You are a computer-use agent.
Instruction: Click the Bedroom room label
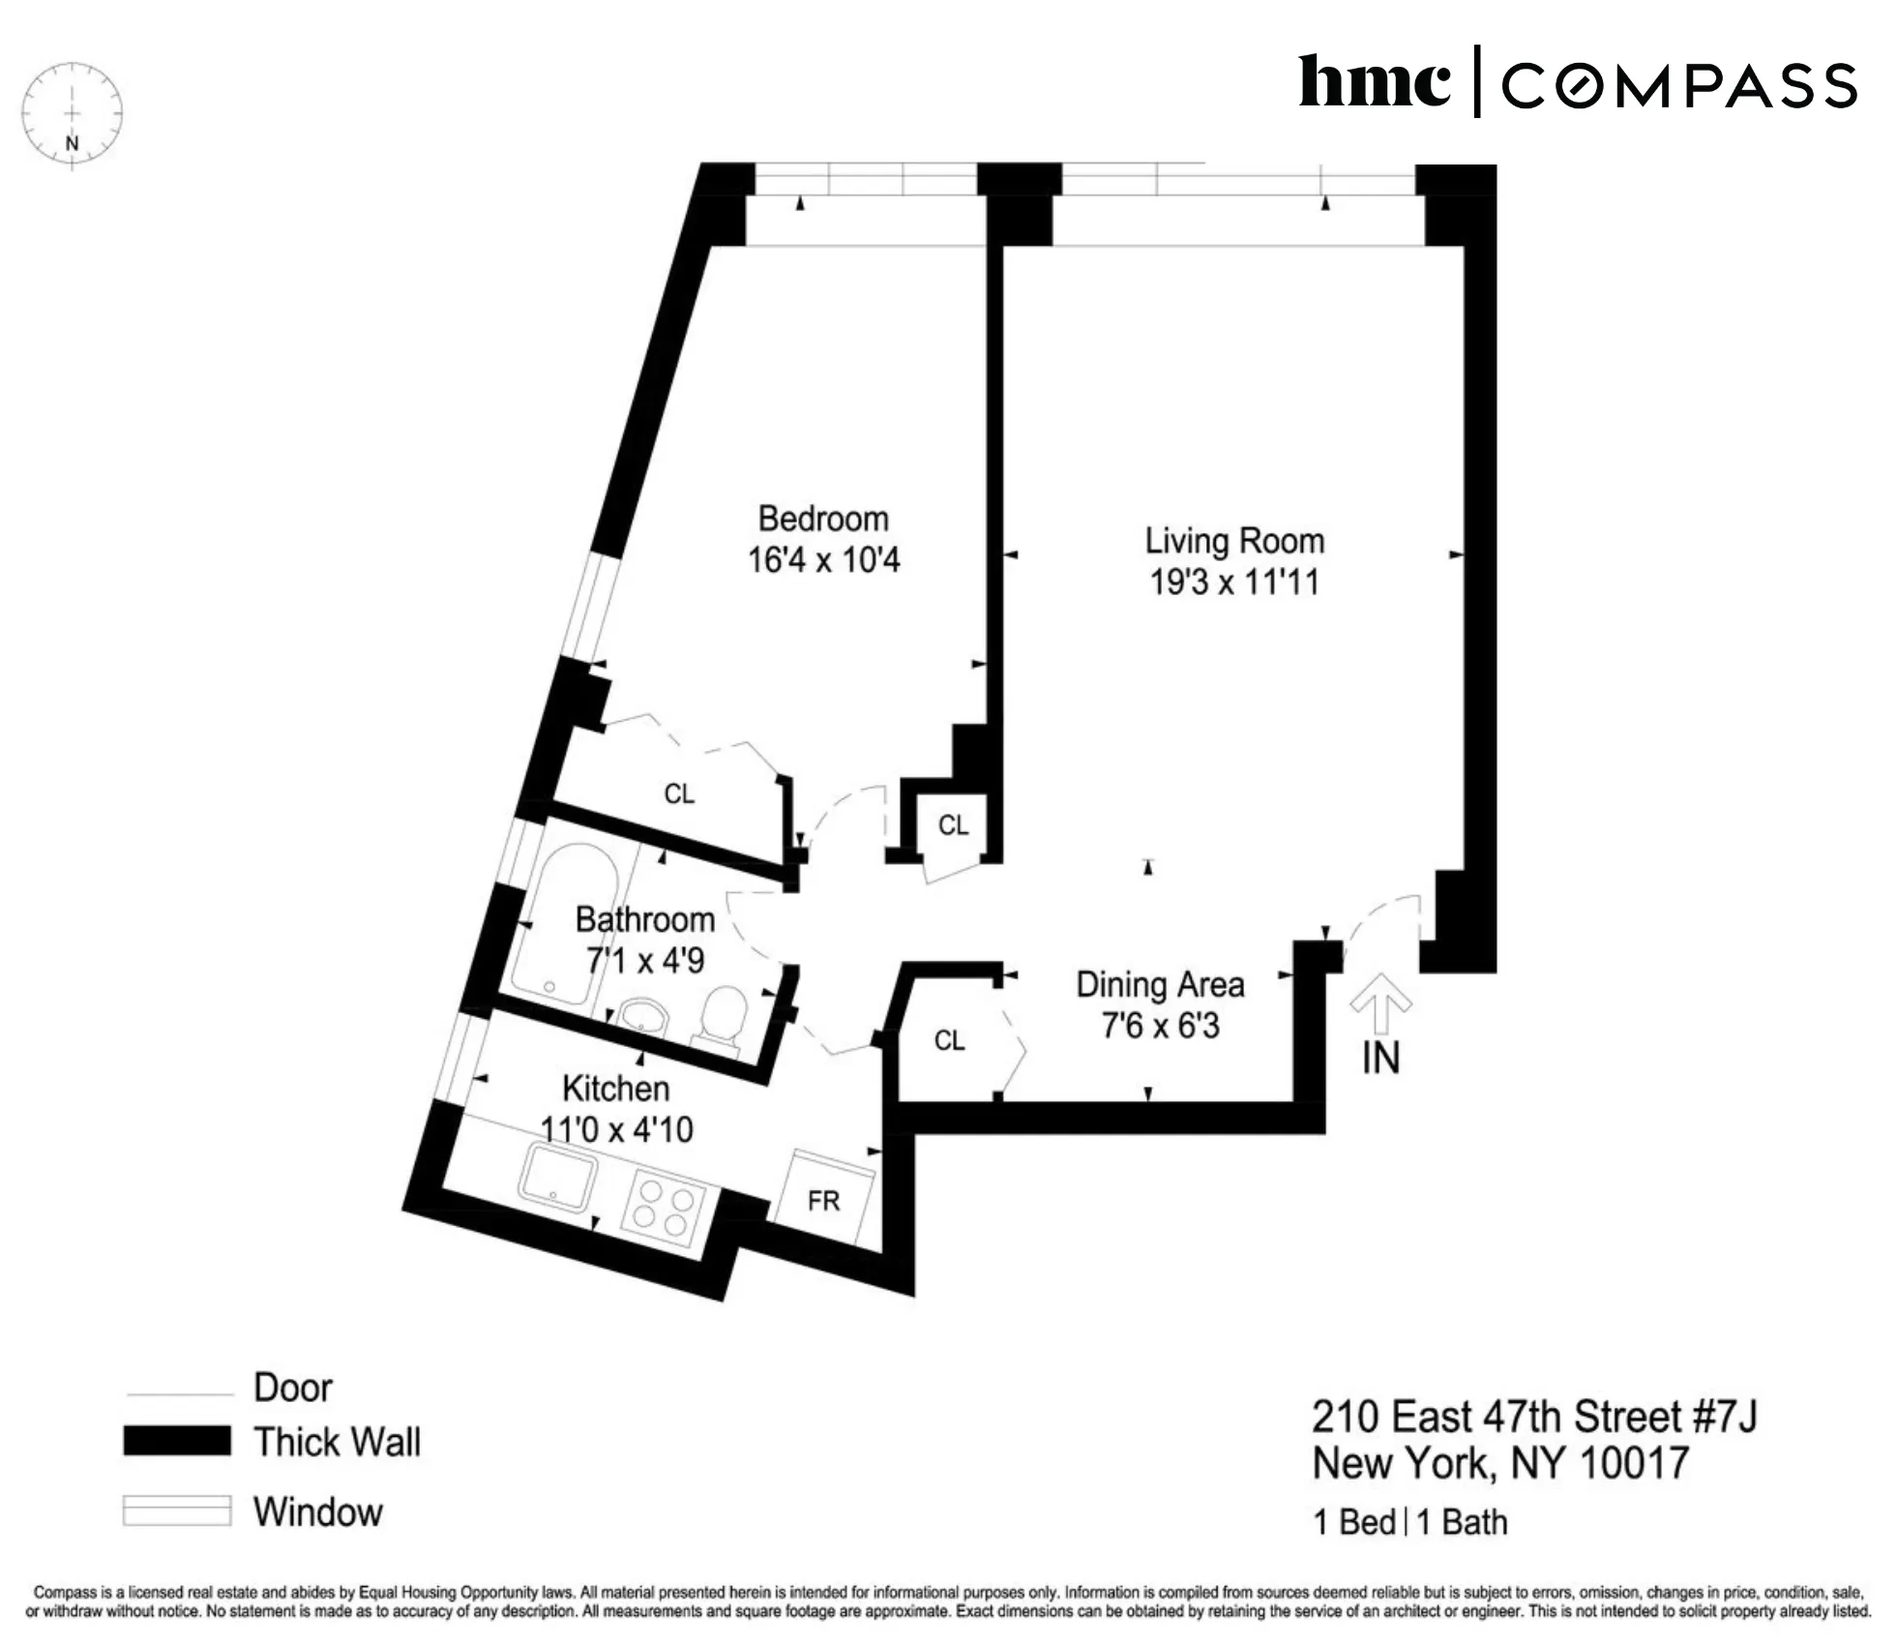(x=822, y=519)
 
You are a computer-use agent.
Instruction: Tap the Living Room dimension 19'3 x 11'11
(x=1233, y=583)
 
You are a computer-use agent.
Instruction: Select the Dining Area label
(x=1159, y=985)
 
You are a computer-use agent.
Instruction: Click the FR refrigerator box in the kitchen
(x=823, y=1201)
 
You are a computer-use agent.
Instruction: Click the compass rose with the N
(x=72, y=114)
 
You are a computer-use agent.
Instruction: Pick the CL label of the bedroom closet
(x=679, y=793)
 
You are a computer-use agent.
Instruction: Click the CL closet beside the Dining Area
(x=949, y=1040)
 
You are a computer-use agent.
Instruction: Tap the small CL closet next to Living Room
(x=953, y=824)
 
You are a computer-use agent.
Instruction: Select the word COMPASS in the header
(x=1678, y=85)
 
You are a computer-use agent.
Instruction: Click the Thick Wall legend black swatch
(x=177, y=1441)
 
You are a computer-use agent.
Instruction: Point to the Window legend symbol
(x=177, y=1510)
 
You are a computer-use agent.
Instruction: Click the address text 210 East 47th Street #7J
(x=1533, y=1417)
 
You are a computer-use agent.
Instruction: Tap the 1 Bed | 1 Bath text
(x=1409, y=1522)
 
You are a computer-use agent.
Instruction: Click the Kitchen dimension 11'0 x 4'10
(x=616, y=1129)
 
